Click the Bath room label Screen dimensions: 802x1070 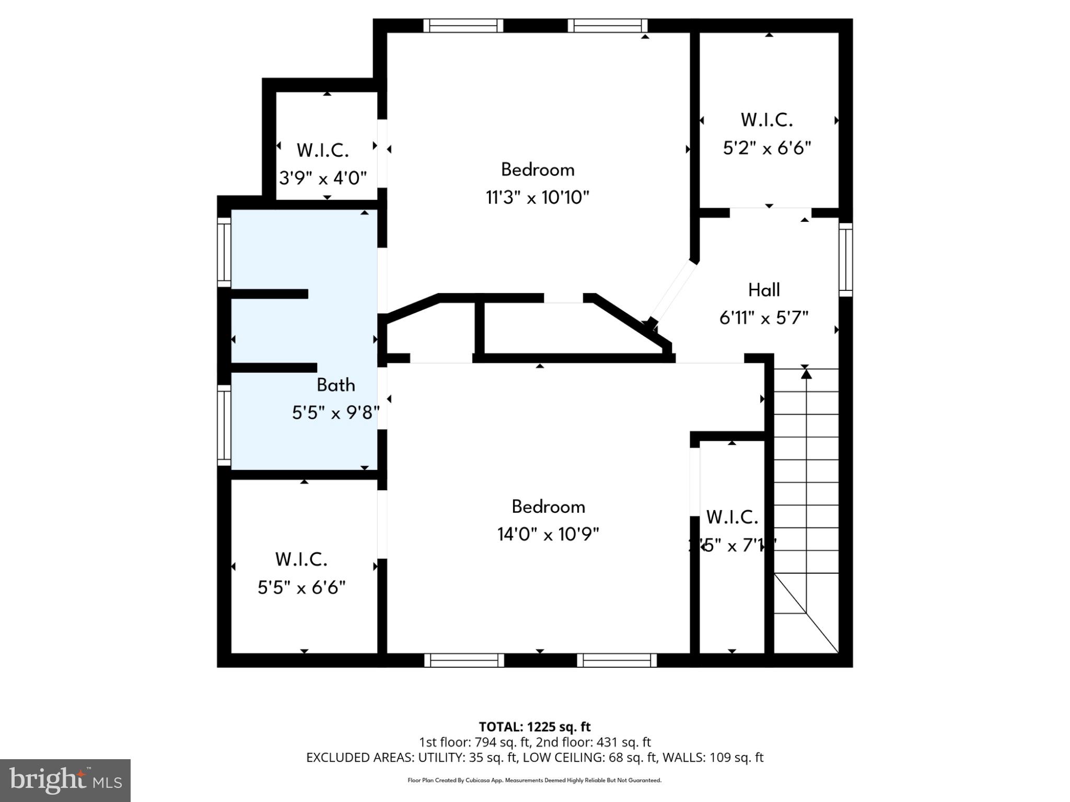(x=335, y=385)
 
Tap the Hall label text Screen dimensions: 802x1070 (x=764, y=290)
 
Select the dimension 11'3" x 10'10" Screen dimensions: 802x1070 (x=537, y=198)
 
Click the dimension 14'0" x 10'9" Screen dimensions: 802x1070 (x=548, y=534)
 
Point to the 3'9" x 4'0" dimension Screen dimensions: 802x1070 (x=322, y=179)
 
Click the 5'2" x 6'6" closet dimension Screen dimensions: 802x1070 (x=766, y=148)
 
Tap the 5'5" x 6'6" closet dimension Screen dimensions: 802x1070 (x=301, y=588)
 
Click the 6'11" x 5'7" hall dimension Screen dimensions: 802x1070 (x=764, y=317)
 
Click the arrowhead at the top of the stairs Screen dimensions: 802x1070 (x=806, y=374)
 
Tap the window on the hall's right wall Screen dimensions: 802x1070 (x=846, y=260)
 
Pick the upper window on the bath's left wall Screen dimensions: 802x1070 (x=224, y=252)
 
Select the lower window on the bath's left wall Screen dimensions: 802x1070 (x=224, y=425)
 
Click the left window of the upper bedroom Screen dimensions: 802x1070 (x=463, y=26)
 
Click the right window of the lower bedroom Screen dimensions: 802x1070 (x=617, y=661)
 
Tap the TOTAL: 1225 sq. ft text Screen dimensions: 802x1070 (x=534, y=727)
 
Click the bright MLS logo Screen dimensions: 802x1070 (x=65, y=780)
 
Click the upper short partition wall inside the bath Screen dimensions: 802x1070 (x=269, y=294)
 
